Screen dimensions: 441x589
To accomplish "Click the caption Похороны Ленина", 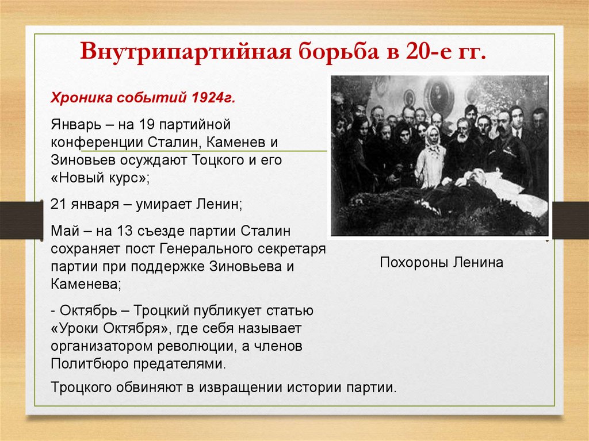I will pos(441,263).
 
